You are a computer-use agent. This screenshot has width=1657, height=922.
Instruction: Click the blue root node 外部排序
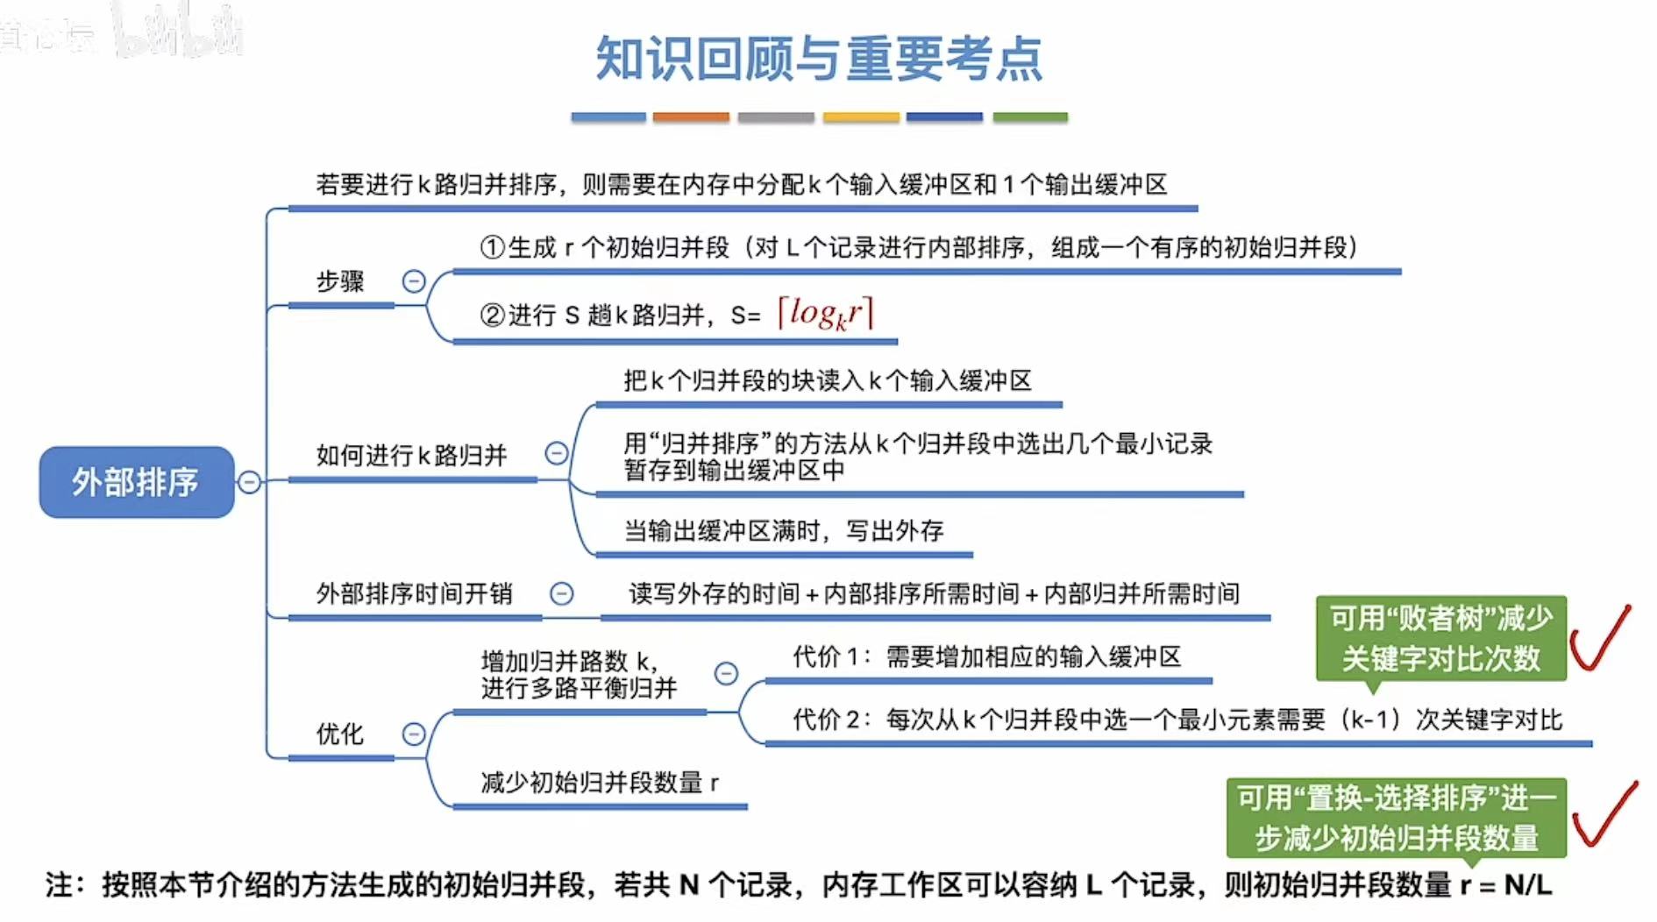pos(136,482)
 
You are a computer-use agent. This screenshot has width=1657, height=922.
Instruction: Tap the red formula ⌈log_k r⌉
pos(825,314)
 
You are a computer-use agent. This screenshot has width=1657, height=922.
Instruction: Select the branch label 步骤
pos(340,281)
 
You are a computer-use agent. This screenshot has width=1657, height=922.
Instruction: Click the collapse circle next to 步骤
pos(414,281)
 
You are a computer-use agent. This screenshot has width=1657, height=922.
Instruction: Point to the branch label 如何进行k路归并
pos(411,456)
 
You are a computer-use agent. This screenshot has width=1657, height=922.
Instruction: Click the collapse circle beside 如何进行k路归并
pos(557,453)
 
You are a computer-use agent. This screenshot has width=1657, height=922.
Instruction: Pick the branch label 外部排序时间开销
pos(414,594)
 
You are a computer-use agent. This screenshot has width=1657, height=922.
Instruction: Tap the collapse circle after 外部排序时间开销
pos(561,594)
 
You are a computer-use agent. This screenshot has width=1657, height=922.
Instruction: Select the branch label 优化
pos(340,734)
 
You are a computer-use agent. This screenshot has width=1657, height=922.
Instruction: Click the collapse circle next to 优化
pos(414,734)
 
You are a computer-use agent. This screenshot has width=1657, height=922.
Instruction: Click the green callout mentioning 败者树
pos(1440,638)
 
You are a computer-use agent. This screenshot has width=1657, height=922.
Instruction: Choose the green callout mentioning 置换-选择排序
pos(1396,818)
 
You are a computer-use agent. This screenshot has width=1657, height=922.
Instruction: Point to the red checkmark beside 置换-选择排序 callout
pos(1604,815)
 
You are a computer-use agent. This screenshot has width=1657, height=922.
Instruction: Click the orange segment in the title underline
pos(691,117)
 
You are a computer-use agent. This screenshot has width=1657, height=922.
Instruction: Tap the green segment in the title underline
pos(1030,117)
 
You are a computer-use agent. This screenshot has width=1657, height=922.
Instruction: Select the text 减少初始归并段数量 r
pos(600,783)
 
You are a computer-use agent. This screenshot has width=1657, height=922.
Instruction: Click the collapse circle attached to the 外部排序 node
pos(250,482)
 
